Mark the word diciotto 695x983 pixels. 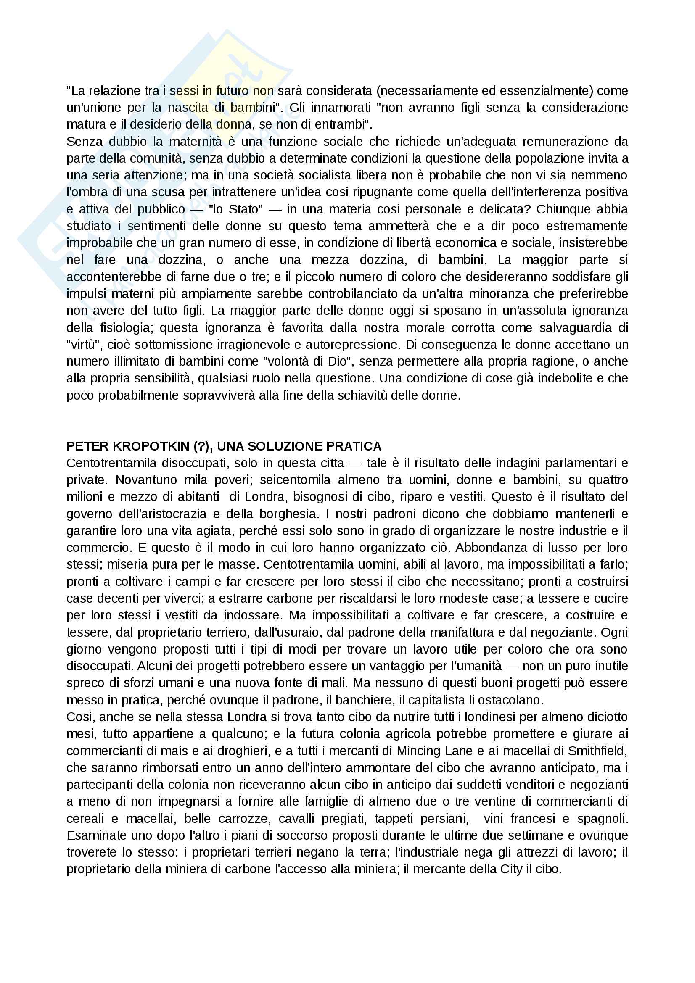[604, 717]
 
